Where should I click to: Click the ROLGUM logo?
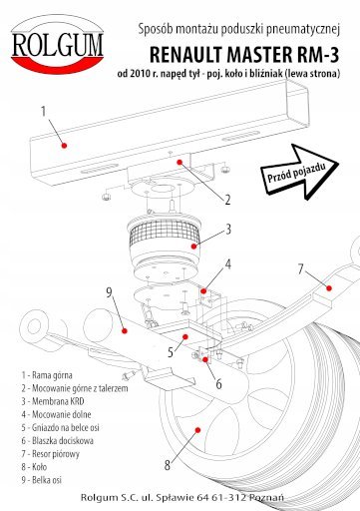(x=58, y=44)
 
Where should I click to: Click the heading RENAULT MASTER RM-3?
(x=244, y=55)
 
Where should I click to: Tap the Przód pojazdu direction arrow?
(x=299, y=172)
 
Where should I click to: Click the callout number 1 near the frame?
(x=43, y=112)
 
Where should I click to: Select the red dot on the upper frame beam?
(x=65, y=146)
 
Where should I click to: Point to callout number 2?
(x=227, y=200)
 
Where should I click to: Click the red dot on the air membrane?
(x=193, y=247)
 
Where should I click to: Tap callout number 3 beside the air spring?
(x=228, y=230)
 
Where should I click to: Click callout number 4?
(x=228, y=264)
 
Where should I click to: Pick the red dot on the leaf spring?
(x=329, y=288)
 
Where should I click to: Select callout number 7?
(x=301, y=268)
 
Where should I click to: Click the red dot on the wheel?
(x=197, y=430)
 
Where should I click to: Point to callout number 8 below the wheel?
(x=168, y=465)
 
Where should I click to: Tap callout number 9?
(x=110, y=292)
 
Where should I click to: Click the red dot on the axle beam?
(x=125, y=330)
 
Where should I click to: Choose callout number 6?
(x=218, y=384)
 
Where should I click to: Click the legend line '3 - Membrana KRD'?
(x=53, y=401)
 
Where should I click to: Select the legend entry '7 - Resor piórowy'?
(x=51, y=454)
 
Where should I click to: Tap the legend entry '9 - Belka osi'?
(x=42, y=480)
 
